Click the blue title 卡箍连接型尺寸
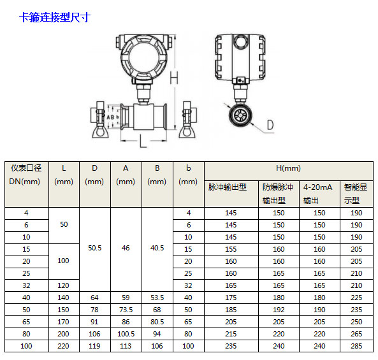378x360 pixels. (55, 18)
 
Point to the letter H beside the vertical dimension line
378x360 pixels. (174, 78)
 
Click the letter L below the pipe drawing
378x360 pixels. (143, 141)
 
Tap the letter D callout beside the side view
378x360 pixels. (270, 125)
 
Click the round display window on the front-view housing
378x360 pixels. (143, 57)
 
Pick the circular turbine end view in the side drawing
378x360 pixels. (240, 115)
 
